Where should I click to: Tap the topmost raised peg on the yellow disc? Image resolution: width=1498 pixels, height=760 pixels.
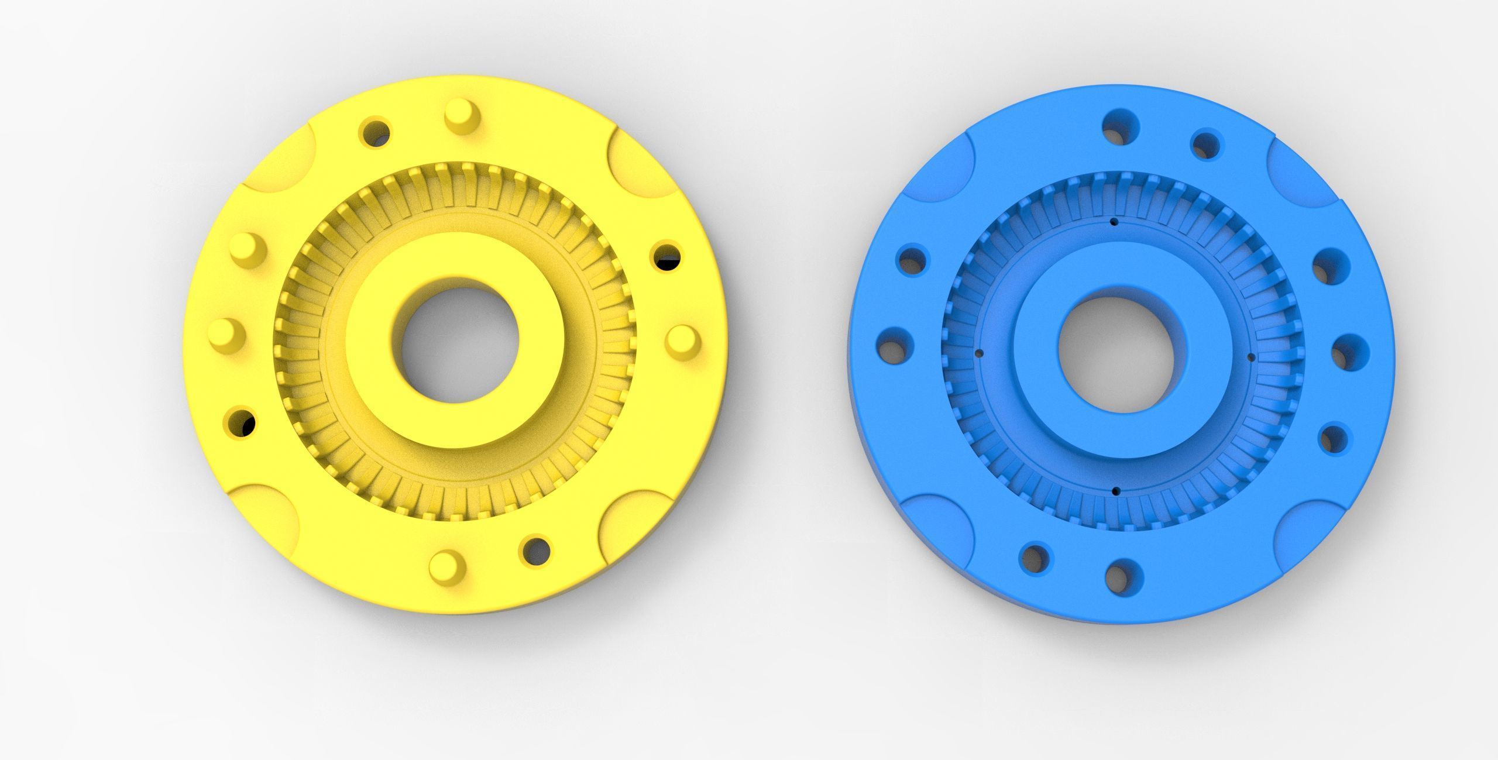[x=462, y=115]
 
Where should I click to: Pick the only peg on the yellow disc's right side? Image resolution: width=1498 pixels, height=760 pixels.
[x=683, y=341]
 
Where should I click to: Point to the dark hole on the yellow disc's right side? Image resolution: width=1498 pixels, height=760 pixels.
[x=666, y=256]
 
